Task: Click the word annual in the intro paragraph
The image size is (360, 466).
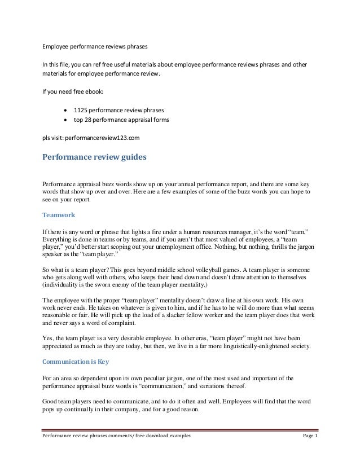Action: point(187,184)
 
